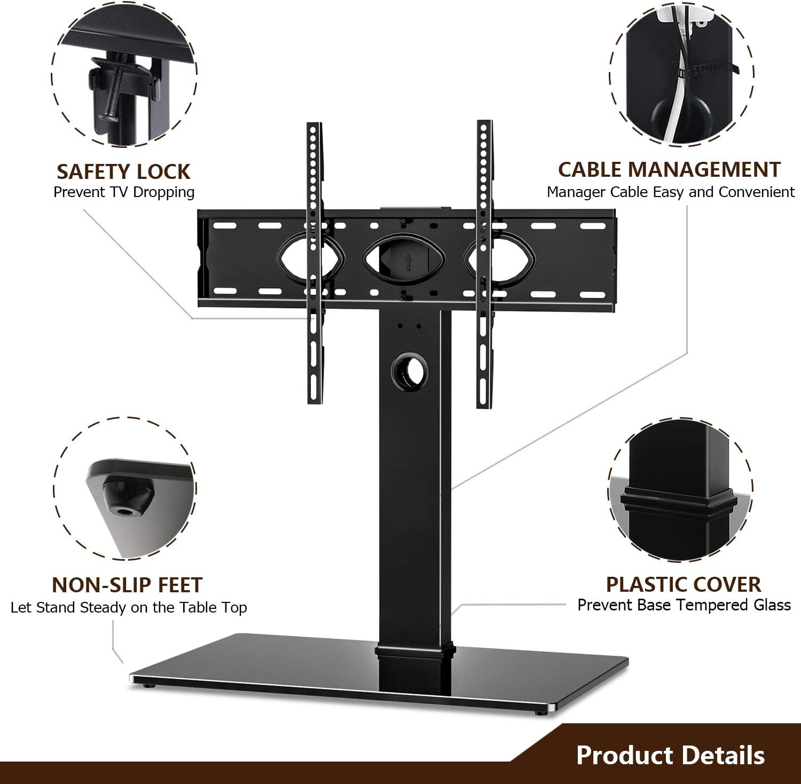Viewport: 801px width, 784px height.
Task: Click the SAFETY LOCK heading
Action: [x=123, y=171]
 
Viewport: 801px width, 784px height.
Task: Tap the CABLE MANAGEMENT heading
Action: [x=669, y=169]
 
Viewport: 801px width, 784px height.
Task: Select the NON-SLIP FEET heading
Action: [x=127, y=585]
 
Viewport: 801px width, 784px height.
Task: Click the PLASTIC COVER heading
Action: [x=684, y=584]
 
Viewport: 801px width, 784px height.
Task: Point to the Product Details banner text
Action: [x=670, y=755]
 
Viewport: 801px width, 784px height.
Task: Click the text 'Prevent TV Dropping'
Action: [x=124, y=192]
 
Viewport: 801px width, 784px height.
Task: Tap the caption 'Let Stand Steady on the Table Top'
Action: [x=129, y=608]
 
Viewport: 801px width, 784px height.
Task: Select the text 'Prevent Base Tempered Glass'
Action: [x=684, y=605]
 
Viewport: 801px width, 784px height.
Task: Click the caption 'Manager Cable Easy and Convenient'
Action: [x=671, y=192]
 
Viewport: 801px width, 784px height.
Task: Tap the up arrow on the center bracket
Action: [x=408, y=262]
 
